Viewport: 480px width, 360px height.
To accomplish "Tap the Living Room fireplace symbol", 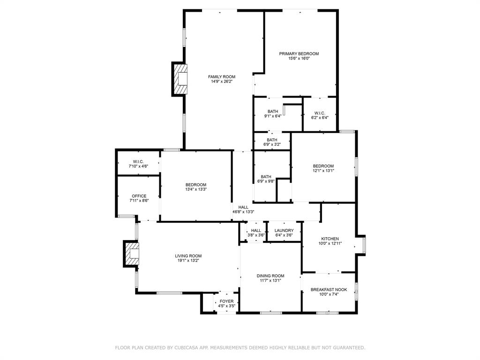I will pos(133,254).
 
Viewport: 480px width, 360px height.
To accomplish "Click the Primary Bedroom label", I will pos(299,54).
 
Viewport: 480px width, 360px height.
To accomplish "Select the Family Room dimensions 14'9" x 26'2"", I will pos(222,82).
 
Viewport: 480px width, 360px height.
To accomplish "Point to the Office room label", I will pos(139,196).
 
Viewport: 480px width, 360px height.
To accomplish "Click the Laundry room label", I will pos(284,231).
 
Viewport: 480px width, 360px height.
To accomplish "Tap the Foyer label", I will pos(226,301).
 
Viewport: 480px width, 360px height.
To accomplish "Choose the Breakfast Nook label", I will pos(329,290).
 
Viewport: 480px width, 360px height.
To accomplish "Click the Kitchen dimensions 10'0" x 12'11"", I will pos(330,244).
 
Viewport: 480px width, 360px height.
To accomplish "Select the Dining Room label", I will pos(270,276).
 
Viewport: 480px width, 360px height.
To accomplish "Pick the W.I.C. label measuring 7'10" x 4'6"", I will pos(138,162).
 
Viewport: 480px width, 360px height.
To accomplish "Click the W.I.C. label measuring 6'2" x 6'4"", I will pos(320,113).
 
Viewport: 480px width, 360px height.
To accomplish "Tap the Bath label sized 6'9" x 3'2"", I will pos(272,140).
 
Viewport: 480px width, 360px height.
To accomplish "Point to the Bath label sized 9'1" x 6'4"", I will pos(273,112).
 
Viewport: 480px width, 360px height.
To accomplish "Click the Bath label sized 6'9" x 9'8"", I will pos(266,177).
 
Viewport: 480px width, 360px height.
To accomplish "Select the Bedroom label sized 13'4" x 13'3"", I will pos(195,185).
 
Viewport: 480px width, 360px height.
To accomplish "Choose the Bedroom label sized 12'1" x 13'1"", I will pos(323,166).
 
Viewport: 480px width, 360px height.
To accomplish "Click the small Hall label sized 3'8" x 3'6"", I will pos(256,231).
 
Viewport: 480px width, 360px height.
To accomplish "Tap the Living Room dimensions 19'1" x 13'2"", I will pos(188,261).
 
